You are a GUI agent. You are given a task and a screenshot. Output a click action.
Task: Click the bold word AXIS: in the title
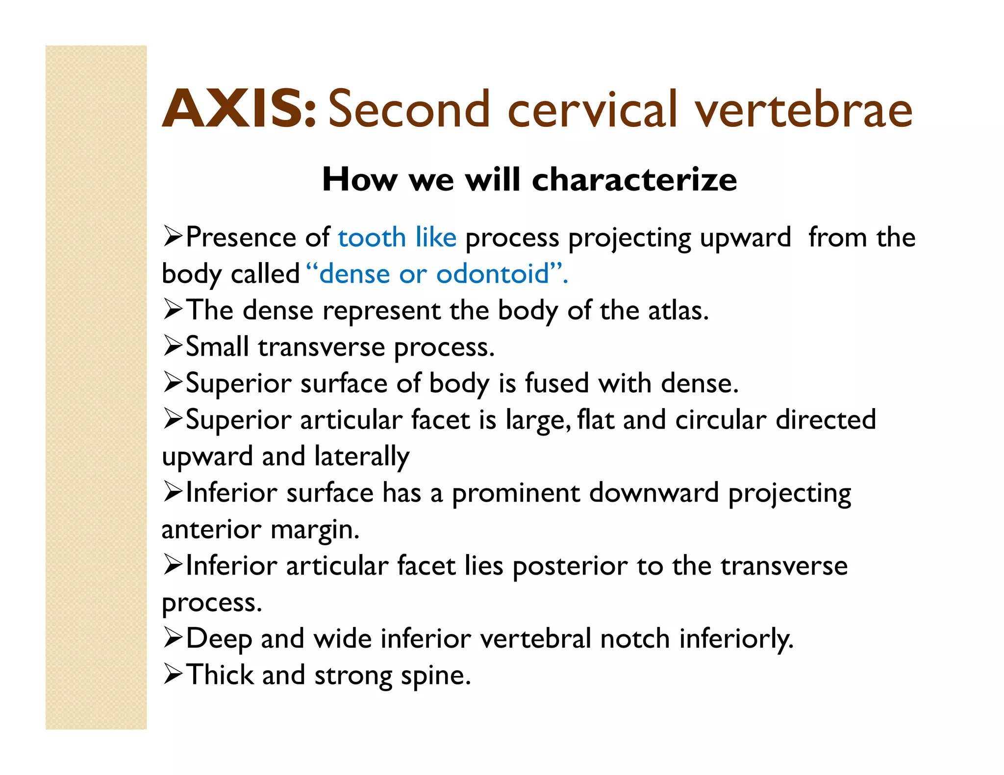point(239,109)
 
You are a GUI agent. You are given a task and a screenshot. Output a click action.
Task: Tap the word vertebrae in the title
point(804,109)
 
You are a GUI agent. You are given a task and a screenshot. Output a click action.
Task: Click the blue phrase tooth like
point(397,238)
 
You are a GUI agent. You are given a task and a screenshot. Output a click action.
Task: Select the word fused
point(557,383)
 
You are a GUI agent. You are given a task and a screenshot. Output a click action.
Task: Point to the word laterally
point(362,457)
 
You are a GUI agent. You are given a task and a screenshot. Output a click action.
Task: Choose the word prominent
point(516,493)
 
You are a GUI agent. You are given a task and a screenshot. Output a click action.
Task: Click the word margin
point(314,530)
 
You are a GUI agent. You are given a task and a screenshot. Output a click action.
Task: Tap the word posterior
point(570,566)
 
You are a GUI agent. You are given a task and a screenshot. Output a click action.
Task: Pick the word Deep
point(219,639)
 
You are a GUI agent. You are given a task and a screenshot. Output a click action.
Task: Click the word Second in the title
point(409,109)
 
